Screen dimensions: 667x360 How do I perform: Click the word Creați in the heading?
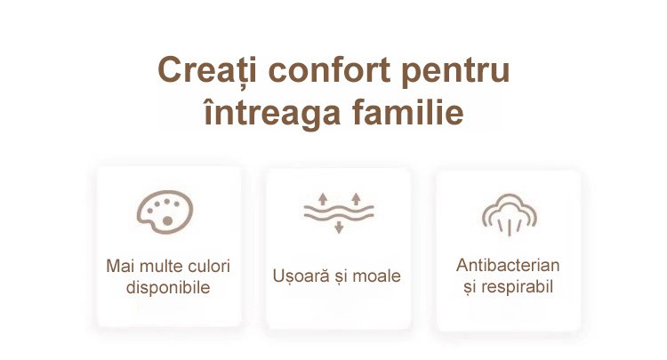click(207, 71)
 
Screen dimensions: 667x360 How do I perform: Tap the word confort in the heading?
click(329, 69)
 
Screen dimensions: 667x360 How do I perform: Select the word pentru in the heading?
click(455, 71)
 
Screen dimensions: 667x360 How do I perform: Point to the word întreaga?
click(273, 113)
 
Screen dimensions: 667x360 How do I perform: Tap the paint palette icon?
click(165, 212)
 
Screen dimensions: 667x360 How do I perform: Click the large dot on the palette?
click(167, 220)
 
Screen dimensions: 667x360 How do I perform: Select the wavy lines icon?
click(339, 212)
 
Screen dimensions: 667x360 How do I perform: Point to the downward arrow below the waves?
click(339, 227)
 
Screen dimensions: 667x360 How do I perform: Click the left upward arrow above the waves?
click(323, 198)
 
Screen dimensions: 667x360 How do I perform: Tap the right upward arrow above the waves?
click(356, 198)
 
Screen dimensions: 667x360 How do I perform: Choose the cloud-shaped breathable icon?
click(510, 214)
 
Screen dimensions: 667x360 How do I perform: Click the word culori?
click(209, 266)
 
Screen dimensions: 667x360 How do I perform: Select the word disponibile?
click(168, 288)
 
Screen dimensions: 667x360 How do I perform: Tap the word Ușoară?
click(301, 276)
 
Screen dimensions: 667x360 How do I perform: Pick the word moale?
click(376, 276)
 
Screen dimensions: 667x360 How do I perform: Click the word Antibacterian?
click(508, 265)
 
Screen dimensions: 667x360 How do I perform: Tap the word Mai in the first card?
click(121, 266)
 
